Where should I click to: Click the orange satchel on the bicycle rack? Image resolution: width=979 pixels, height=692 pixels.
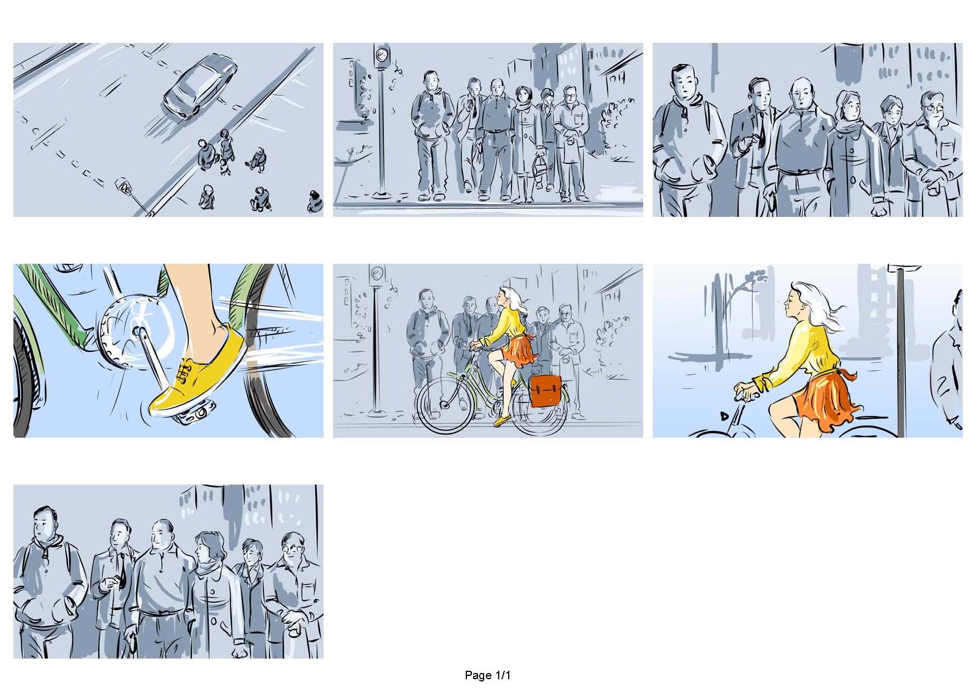click(545, 390)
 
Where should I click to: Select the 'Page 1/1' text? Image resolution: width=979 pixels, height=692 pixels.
click(488, 675)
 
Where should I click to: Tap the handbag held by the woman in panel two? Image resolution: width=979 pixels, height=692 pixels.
click(539, 166)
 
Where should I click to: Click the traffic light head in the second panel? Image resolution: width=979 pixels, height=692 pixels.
click(382, 56)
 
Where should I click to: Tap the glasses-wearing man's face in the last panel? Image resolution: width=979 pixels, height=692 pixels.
click(291, 549)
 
